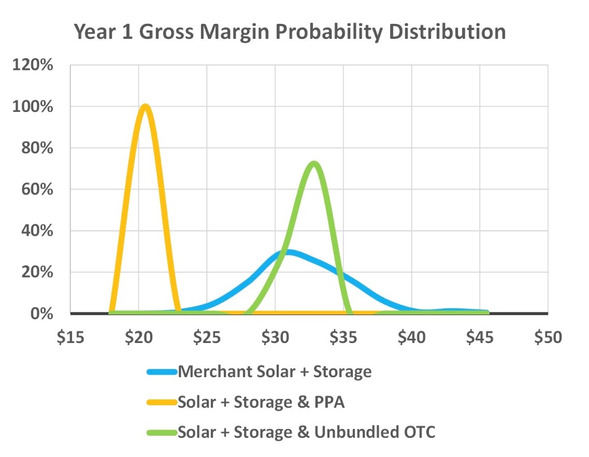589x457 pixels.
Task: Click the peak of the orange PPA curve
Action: (146, 107)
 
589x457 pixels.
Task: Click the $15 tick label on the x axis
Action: (70, 337)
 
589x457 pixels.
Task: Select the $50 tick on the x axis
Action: (548, 337)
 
